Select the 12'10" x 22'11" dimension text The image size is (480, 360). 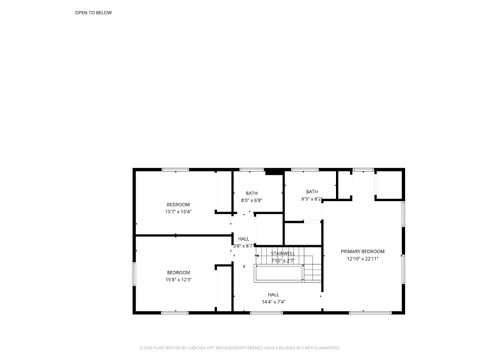[x=362, y=258]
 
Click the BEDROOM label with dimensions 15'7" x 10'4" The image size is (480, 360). [x=178, y=204]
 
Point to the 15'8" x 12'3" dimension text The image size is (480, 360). [x=178, y=279]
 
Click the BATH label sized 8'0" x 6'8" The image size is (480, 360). [x=252, y=193]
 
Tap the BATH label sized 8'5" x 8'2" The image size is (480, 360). [x=312, y=191]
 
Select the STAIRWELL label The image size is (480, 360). [x=282, y=254]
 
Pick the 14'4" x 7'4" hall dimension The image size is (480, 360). [x=273, y=301]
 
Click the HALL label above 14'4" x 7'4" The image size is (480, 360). [x=273, y=294]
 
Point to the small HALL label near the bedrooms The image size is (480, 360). [x=243, y=238]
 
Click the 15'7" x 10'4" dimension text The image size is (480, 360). [x=178, y=211]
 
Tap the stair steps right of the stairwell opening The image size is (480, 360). [x=310, y=269]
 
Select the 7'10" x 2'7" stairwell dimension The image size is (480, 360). [x=282, y=260]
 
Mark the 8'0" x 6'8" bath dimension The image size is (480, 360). [x=252, y=200]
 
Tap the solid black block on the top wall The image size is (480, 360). [x=268, y=169]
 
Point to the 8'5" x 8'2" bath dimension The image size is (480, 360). [x=312, y=198]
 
